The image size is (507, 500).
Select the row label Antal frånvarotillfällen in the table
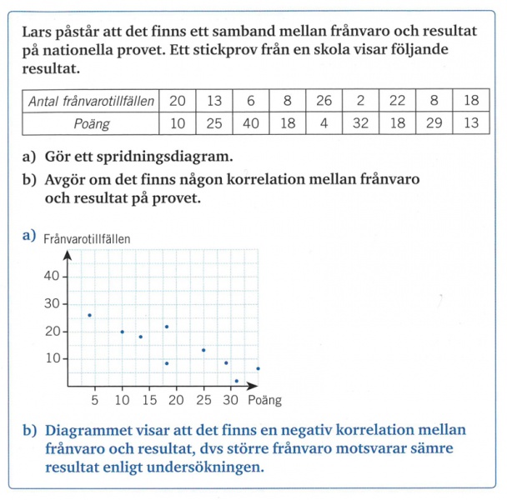click(91, 101)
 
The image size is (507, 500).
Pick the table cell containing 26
click(324, 101)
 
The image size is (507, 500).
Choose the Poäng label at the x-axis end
click(266, 400)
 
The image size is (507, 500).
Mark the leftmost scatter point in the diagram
click(89, 315)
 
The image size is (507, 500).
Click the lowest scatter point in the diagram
click(236, 381)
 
